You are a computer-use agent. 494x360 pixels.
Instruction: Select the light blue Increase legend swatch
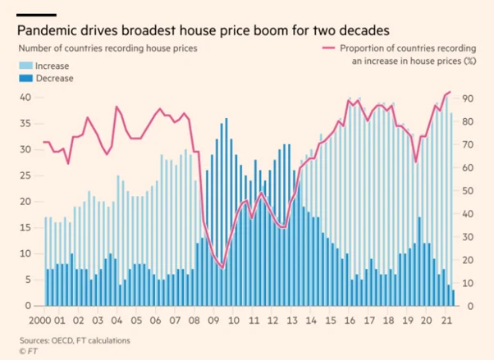point(25,64)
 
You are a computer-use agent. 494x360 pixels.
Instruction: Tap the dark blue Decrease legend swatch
point(25,78)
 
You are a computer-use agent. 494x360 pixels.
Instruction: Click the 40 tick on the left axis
point(26,98)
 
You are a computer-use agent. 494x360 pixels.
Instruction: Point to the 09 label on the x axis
point(213,320)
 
